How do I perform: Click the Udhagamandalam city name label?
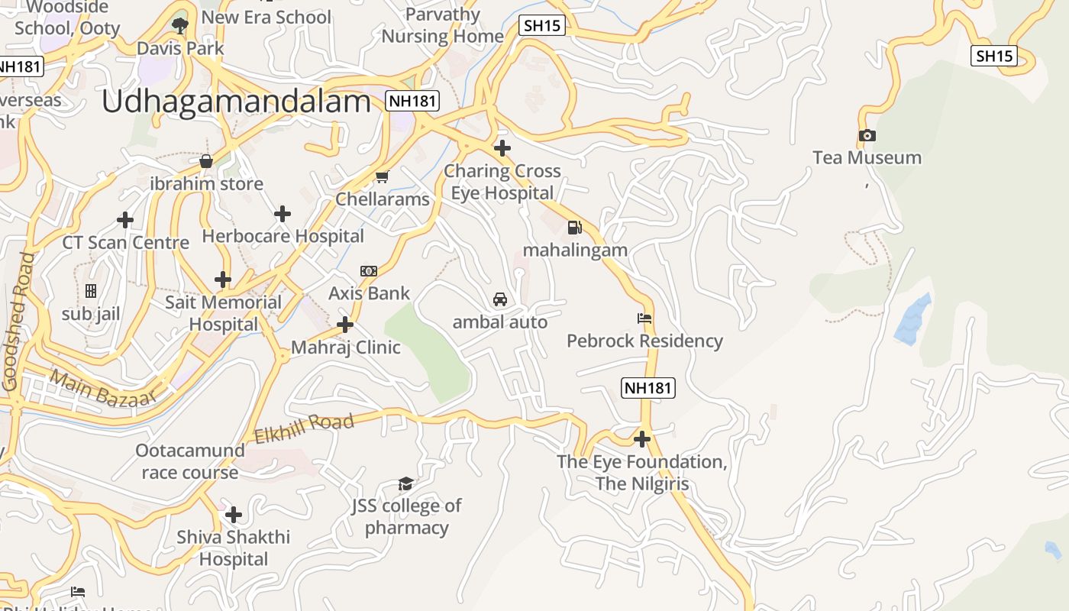[x=236, y=102]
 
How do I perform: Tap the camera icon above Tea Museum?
[x=867, y=136]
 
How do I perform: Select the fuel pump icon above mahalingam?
[x=574, y=227]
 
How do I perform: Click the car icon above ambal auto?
[x=500, y=299]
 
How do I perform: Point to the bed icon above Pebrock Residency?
[x=644, y=318]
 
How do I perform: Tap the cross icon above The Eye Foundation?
[x=642, y=439]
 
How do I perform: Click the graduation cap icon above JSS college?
[x=405, y=483]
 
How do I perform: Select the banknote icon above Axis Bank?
[x=369, y=271]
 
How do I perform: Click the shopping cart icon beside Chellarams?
[x=382, y=177]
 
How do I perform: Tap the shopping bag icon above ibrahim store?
[x=205, y=161]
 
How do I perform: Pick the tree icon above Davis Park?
[x=180, y=26]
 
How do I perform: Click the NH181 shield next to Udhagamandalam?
[x=412, y=101]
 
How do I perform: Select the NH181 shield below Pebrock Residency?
[x=648, y=388]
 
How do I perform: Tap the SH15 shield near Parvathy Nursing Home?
[x=541, y=25]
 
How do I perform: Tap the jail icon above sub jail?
[x=91, y=291]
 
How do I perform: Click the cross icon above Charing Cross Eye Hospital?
[x=502, y=147]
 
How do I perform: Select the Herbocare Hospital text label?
[x=283, y=236]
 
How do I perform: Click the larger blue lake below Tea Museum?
[x=913, y=319]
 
